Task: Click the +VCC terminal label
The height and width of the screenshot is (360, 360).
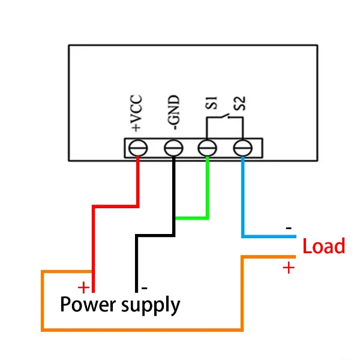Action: pos(136,113)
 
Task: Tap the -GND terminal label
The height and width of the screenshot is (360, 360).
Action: pos(172,112)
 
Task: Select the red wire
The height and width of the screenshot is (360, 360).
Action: pos(93,240)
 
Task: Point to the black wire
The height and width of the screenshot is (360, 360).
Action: pos(137,258)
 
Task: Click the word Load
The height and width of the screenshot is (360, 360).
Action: pos(323,247)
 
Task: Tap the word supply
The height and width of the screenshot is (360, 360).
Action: pos(151,306)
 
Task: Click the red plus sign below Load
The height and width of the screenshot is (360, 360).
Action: pos(289,268)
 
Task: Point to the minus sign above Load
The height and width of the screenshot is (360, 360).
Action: pos(289,229)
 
